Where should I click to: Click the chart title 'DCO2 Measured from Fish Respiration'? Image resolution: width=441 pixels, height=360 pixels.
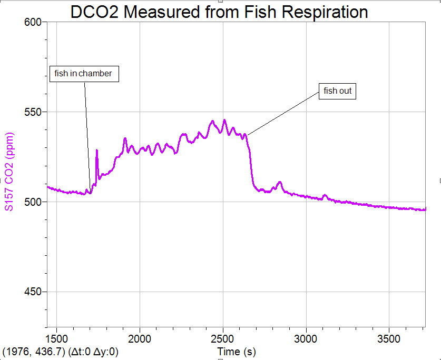coord(219,12)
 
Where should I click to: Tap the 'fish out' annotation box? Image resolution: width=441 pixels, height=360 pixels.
coord(338,91)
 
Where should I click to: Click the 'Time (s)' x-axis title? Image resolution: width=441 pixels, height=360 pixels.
coord(237,351)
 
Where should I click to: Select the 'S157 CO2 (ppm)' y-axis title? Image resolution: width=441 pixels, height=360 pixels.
coord(9,171)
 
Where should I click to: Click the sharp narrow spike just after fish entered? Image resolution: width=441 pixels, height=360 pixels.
coord(96,151)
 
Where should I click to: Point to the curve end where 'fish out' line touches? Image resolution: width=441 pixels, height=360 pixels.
coord(247,135)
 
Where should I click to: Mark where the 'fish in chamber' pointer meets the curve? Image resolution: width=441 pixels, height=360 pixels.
coord(90,193)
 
